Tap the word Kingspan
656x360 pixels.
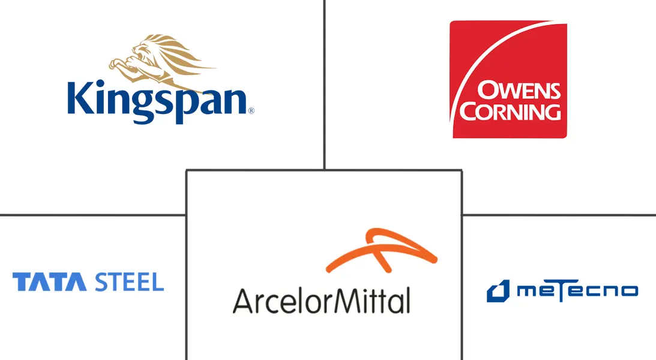157,102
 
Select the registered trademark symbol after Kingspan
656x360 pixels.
251,111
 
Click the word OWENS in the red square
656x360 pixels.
519,91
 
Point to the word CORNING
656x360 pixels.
510,111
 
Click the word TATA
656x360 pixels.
49,282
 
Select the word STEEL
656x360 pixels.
129,282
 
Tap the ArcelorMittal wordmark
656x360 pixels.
321,301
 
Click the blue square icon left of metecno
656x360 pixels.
498,290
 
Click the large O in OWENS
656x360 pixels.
487,91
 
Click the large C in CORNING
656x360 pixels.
469,112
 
